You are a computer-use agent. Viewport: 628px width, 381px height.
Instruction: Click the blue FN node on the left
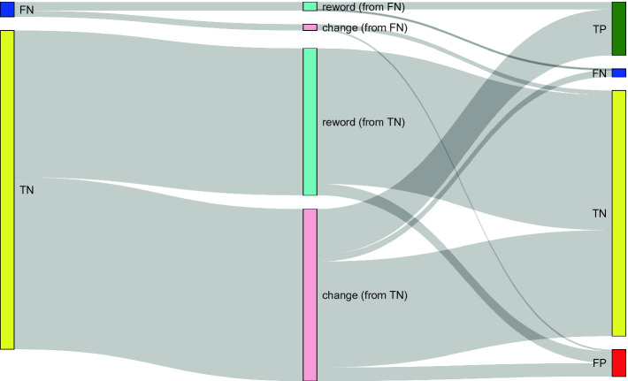point(7,10)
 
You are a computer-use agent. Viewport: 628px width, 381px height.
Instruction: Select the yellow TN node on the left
point(7,190)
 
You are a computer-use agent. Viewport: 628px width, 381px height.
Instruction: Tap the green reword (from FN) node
point(310,6)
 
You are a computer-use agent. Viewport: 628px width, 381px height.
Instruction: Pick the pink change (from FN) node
point(310,27)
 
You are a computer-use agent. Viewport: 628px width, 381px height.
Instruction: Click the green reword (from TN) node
point(310,121)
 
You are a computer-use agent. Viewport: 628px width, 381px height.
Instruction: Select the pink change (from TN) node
point(310,294)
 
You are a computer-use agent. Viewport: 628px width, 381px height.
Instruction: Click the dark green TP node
point(618,29)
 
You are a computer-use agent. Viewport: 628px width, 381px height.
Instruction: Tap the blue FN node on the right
point(618,72)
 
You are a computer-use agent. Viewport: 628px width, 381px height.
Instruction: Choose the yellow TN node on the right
point(618,213)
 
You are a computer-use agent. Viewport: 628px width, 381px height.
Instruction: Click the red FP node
point(618,362)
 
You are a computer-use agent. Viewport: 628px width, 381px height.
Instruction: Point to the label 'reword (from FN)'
point(364,7)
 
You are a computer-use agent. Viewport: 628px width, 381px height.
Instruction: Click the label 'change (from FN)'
point(364,28)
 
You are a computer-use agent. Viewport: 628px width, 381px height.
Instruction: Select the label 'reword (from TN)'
point(364,122)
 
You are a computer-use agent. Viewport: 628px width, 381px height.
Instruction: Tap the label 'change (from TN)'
point(364,295)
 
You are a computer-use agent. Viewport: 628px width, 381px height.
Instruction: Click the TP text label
point(599,30)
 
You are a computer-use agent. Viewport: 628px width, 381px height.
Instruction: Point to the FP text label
point(599,363)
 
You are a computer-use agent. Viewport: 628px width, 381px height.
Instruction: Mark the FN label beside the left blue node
point(26,11)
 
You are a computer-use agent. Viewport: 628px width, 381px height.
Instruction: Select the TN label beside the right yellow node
point(599,214)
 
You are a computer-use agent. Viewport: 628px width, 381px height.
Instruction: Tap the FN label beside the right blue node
point(599,73)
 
